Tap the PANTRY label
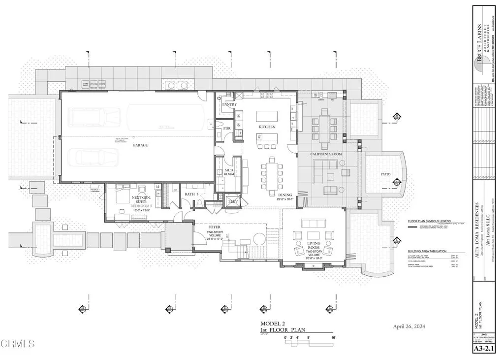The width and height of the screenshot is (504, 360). click(x=229, y=105)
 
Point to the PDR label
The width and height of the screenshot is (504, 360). click(x=227, y=129)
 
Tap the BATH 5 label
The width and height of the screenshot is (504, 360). click(x=191, y=194)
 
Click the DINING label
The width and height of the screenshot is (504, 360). click(x=285, y=195)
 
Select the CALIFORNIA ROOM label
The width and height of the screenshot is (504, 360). click(x=325, y=154)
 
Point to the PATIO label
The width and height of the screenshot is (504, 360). click(x=385, y=174)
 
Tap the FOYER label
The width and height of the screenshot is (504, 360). click(x=214, y=227)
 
